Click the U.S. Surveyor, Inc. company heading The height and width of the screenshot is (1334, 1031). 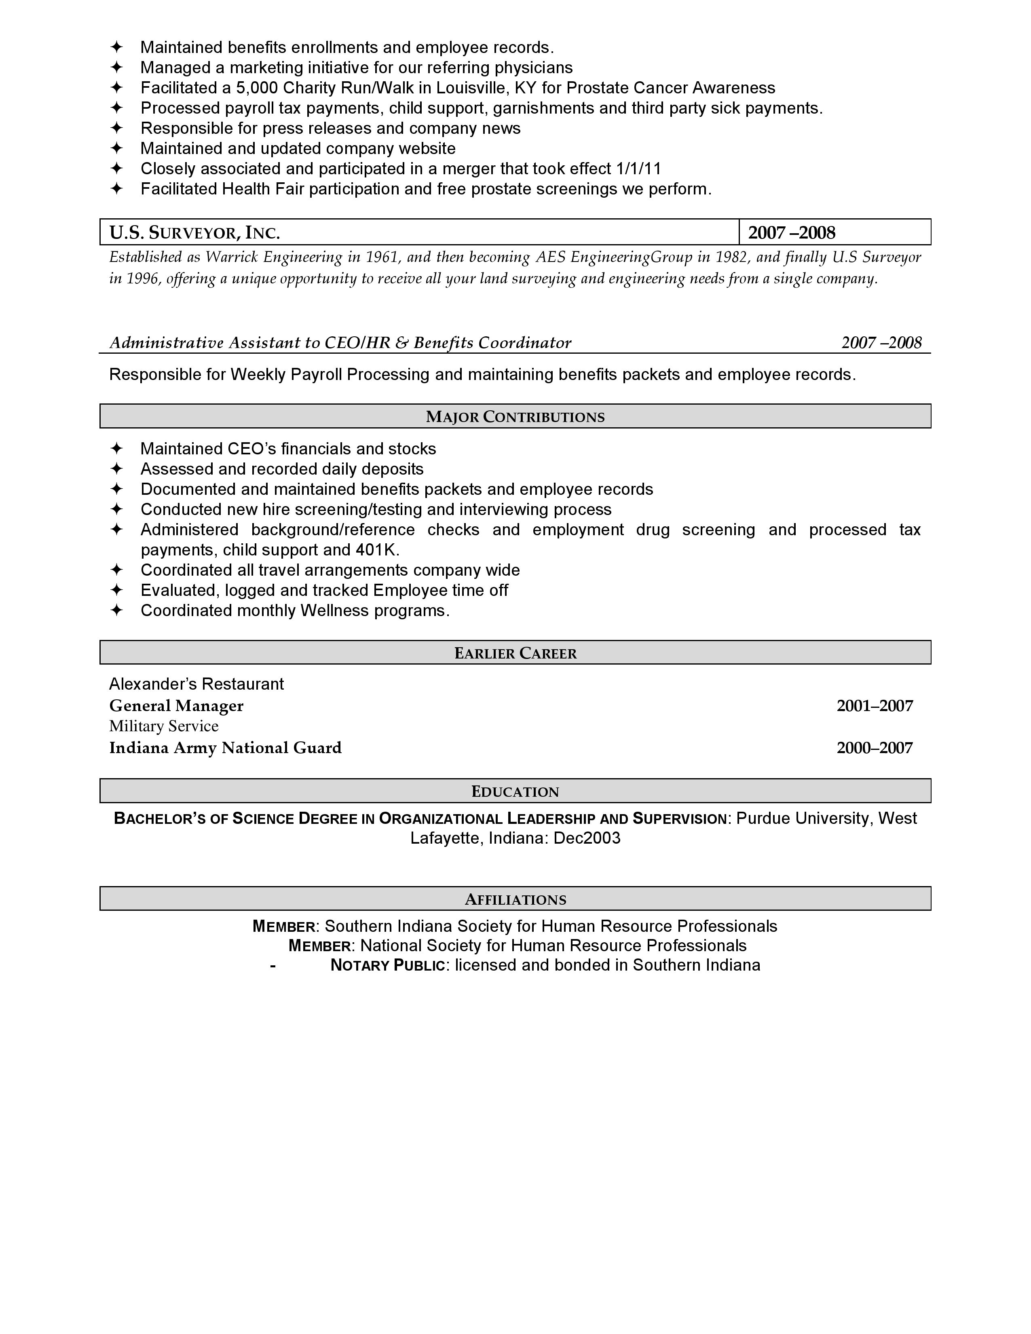tap(194, 233)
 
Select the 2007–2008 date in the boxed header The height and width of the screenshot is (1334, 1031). tap(792, 233)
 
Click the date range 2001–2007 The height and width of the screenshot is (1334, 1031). tap(875, 706)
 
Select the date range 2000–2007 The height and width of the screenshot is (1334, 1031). tap(875, 748)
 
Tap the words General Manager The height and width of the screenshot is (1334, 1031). tap(176, 706)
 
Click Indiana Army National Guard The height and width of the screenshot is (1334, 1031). tap(225, 748)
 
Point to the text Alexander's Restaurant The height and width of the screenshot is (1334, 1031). tap(196, 684)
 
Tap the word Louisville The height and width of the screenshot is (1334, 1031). tap(470, 88)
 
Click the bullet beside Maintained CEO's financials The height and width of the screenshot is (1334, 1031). tap(117, 449)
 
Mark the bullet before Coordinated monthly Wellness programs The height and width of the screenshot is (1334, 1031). tap(117, 611)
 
